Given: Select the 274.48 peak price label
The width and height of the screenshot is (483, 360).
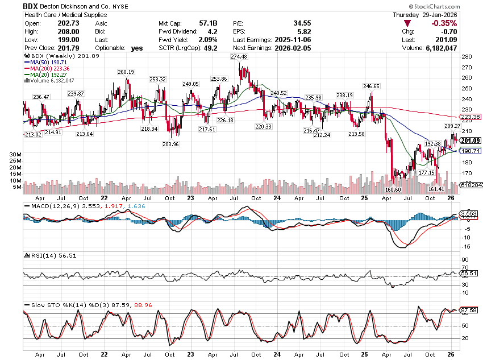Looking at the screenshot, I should pyautogui.click(x=239, y=57).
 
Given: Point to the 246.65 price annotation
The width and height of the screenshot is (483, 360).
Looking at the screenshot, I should pyautogui.click(x=371, y=86).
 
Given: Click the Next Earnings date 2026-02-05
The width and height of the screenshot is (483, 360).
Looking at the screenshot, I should pyautogui.click(x=295, y=48).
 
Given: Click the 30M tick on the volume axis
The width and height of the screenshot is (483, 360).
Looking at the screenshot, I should pyautogui.click(x=15, y=154).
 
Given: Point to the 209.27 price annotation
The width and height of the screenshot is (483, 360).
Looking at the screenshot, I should pyautogui.click(x=452, y=126).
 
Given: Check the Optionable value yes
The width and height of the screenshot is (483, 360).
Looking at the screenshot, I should pyautogui.click(x=136, y=48).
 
